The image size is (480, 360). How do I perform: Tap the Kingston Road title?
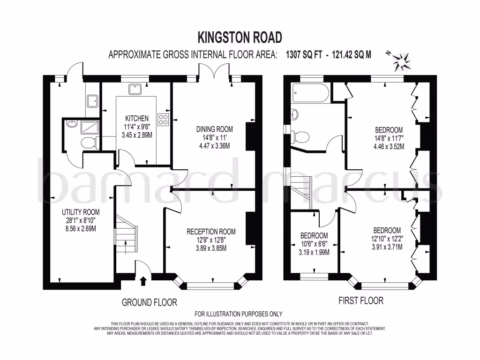[240, 37]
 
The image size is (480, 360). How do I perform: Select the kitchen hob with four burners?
[163, 120]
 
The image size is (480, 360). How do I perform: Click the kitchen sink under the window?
[135, 90]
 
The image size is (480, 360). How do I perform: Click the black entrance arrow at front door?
[143, 281]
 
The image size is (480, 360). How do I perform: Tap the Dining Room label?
[214, 129]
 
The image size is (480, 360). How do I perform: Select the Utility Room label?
[81, 212]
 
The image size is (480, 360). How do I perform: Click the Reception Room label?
[211, 232]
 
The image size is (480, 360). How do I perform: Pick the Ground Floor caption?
[150, 302]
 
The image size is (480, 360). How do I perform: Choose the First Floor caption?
[361, 300]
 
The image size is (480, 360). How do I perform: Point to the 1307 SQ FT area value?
[304, 54]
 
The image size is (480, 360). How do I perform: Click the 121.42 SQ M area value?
[352, 54]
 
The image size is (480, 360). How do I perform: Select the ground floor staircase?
[126, 234]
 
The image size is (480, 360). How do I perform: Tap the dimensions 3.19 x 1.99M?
[314, 252]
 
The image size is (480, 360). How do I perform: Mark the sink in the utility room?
[92, 101]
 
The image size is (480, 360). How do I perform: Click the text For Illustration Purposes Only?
[239, 314]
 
